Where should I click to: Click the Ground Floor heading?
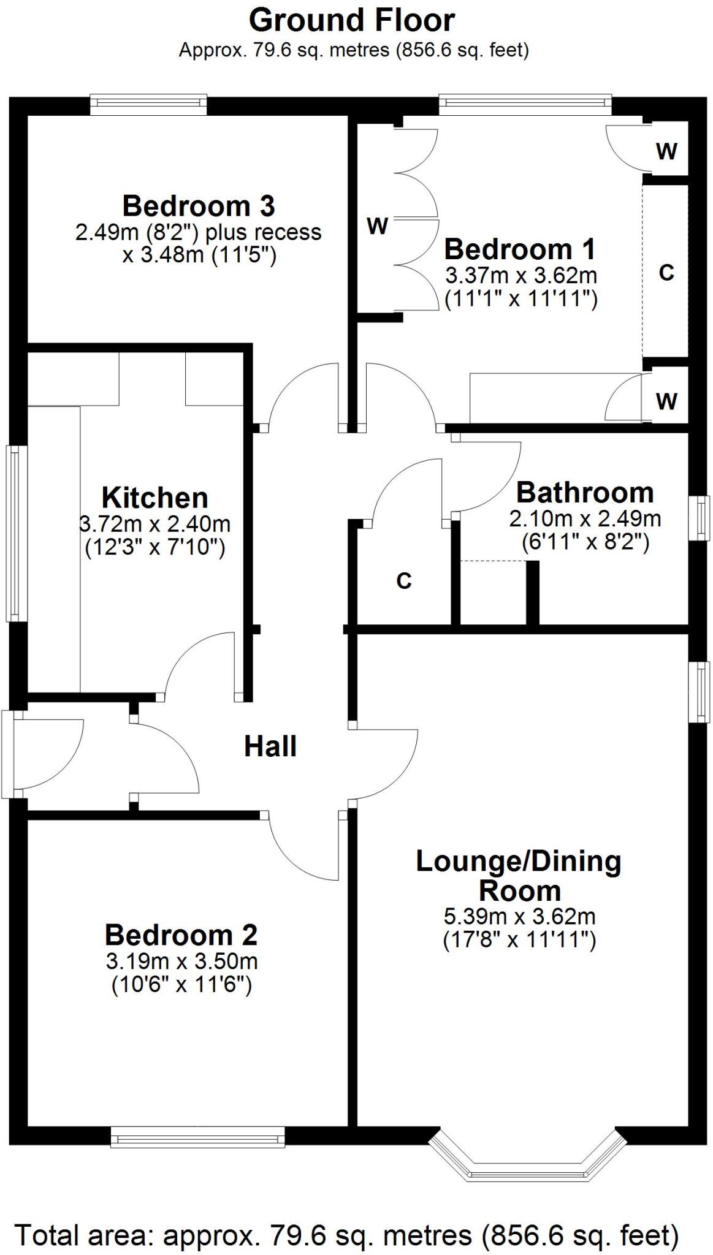[351, 20]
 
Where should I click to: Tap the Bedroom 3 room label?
[199, 206]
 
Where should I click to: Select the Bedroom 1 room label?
[519, 249]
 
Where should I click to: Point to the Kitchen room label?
[154, 498]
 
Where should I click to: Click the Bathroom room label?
[585, 493]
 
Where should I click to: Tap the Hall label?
[270, 746]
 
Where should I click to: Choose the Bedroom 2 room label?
[181, 935]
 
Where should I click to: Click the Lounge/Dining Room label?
[519, 876]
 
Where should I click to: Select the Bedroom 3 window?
[148, 104]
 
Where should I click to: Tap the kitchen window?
[13, 533]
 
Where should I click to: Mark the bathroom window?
[699, 518]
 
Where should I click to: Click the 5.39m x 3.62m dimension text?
[519, 917]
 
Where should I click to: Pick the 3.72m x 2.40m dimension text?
[154, 524]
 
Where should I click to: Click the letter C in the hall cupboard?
[403, 580]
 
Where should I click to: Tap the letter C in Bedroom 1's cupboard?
[666, 272]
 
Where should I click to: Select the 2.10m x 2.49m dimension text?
[585, 519]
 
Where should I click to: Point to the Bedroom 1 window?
[525, 104]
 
